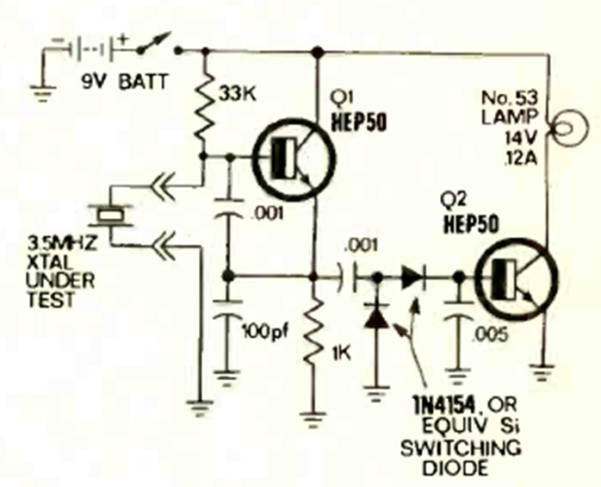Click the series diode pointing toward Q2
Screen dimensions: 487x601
coord(412,278)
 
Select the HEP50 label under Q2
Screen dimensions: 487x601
coord(468,226)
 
